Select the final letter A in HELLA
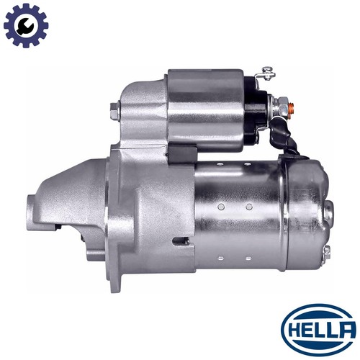coord(347,330)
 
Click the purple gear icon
coord(26,25)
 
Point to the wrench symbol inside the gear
coord(25,26)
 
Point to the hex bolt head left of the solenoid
coord(114,111)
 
